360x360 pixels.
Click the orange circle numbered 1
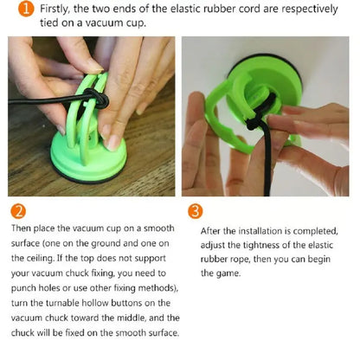[x=26, y=9]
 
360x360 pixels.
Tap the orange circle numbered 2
[x=18, y=211]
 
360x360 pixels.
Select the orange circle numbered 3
[x=196, y=211]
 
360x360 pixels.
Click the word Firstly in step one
[x=55, y=10]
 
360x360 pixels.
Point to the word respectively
[x=309, y=10]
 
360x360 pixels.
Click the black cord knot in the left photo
[x=100, y=98]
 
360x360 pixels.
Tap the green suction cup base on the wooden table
[x=88, y=163]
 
